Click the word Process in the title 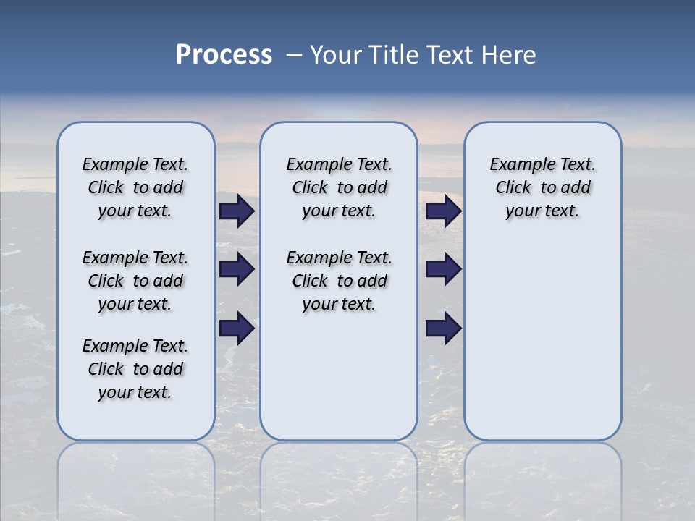(224, 55)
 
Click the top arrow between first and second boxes (237, 211)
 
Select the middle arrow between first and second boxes (237, 269)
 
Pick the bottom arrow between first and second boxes (237, 329)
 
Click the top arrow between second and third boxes (443, 211)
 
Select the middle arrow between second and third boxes (443, 269)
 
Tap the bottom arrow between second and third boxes (443, 329)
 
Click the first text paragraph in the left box (135, 187)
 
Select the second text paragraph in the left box (135, 281)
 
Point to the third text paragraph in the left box (135, 369)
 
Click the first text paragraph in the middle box (339, 187)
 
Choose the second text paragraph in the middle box (339, 281)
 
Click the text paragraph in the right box (542, 187)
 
